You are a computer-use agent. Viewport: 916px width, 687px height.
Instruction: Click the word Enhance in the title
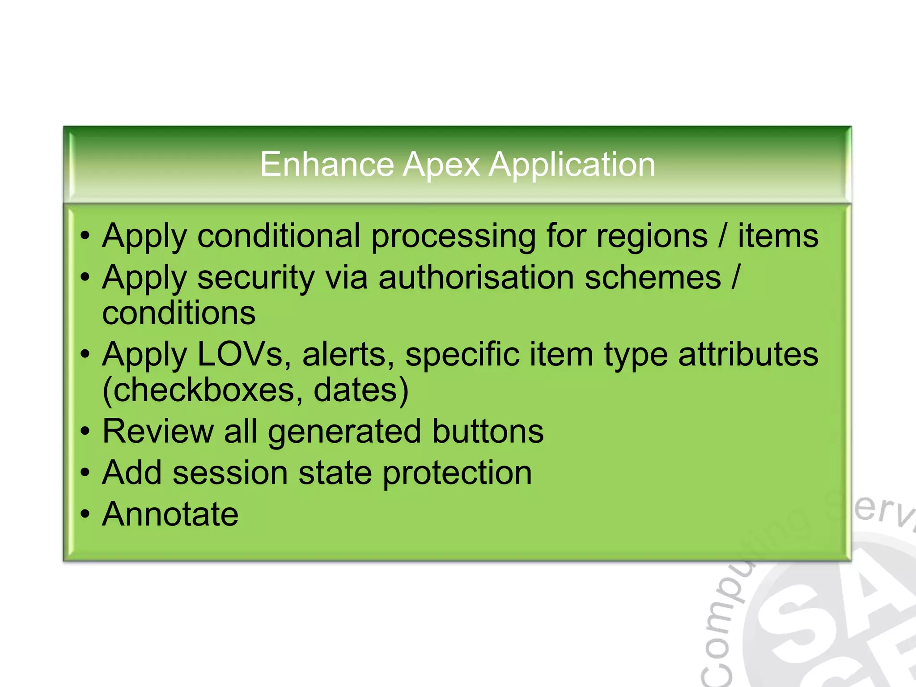(327, 165)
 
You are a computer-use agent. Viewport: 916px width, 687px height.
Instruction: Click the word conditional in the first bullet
(278, 236)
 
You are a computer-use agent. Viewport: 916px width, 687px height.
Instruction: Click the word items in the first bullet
(778, 236)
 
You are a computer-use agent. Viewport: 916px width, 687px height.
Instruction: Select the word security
(256, 277)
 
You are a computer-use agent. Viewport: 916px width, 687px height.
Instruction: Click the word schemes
(653, 277)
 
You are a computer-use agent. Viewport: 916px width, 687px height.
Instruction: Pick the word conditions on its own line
(179, 313)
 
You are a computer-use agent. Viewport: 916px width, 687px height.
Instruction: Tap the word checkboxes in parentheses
(204, 390)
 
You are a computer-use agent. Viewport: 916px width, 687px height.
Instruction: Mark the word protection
(457, 473)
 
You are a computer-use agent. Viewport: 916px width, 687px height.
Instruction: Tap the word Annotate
(170, 514)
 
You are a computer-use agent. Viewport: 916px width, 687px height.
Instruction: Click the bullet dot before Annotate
(85, 514)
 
